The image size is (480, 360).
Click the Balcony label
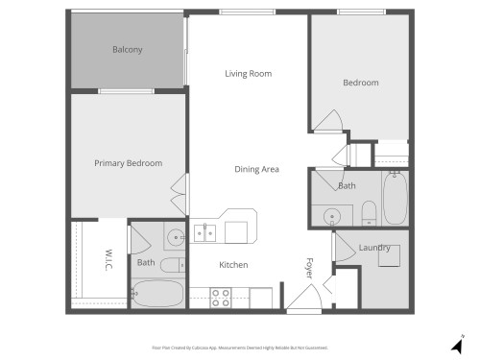pos(127,50)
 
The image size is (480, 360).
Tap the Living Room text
pos(248,74)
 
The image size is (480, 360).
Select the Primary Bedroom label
pos(128,163)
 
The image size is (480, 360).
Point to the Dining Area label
pos(256,170)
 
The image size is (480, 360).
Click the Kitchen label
pos(233,265)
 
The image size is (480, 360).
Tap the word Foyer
pos(309,266)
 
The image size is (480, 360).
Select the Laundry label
pos(372,248)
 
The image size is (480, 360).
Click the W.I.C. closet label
pos(108,260)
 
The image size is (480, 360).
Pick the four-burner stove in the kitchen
pos(220,298)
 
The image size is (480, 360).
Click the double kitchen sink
pos(204,231)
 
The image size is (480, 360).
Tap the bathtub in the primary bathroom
pos(159,293)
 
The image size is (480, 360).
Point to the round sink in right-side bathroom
pos(332,215)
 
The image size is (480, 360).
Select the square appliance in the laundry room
pos(389,261)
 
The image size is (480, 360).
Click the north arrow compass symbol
pos(457,343)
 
